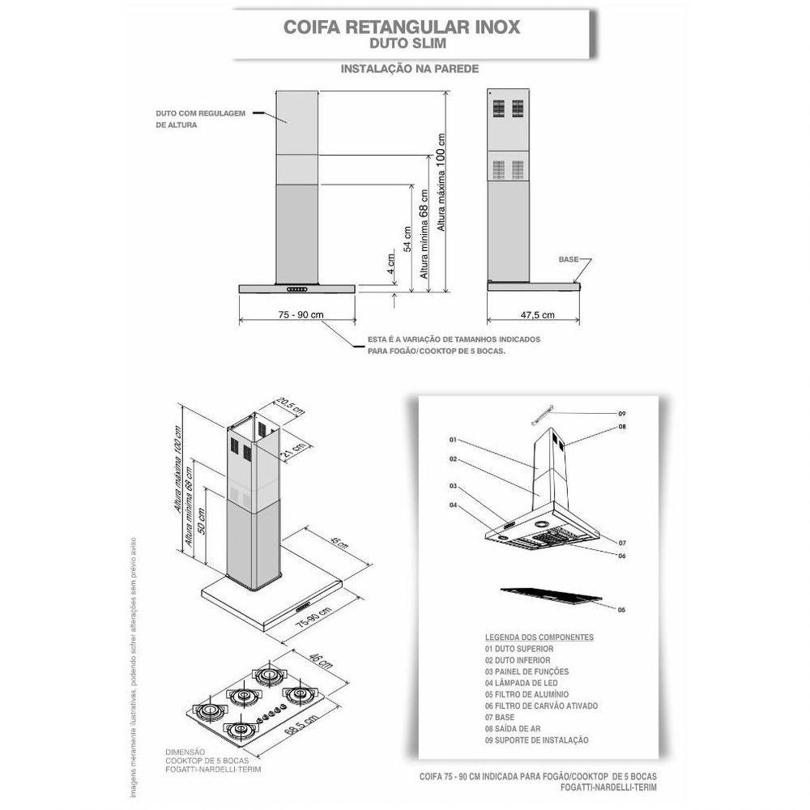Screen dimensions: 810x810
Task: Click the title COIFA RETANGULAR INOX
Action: click(401, 25)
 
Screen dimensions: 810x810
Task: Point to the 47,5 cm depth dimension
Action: click(537, 314)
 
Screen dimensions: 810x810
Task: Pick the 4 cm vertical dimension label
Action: click(390, 264)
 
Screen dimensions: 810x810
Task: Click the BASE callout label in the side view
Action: click(569, 259)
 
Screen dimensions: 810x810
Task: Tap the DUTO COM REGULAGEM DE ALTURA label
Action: click(200, 119)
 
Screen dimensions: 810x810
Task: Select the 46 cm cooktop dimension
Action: click(322, 662)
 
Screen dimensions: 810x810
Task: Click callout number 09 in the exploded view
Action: click(622, 414)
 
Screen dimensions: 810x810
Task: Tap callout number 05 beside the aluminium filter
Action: click(621, 608)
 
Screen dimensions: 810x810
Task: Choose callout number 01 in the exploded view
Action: click(454, 440)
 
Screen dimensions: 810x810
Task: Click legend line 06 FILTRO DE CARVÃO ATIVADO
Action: click(541, 706)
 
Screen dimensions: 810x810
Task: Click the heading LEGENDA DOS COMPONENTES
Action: click(539, 637)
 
